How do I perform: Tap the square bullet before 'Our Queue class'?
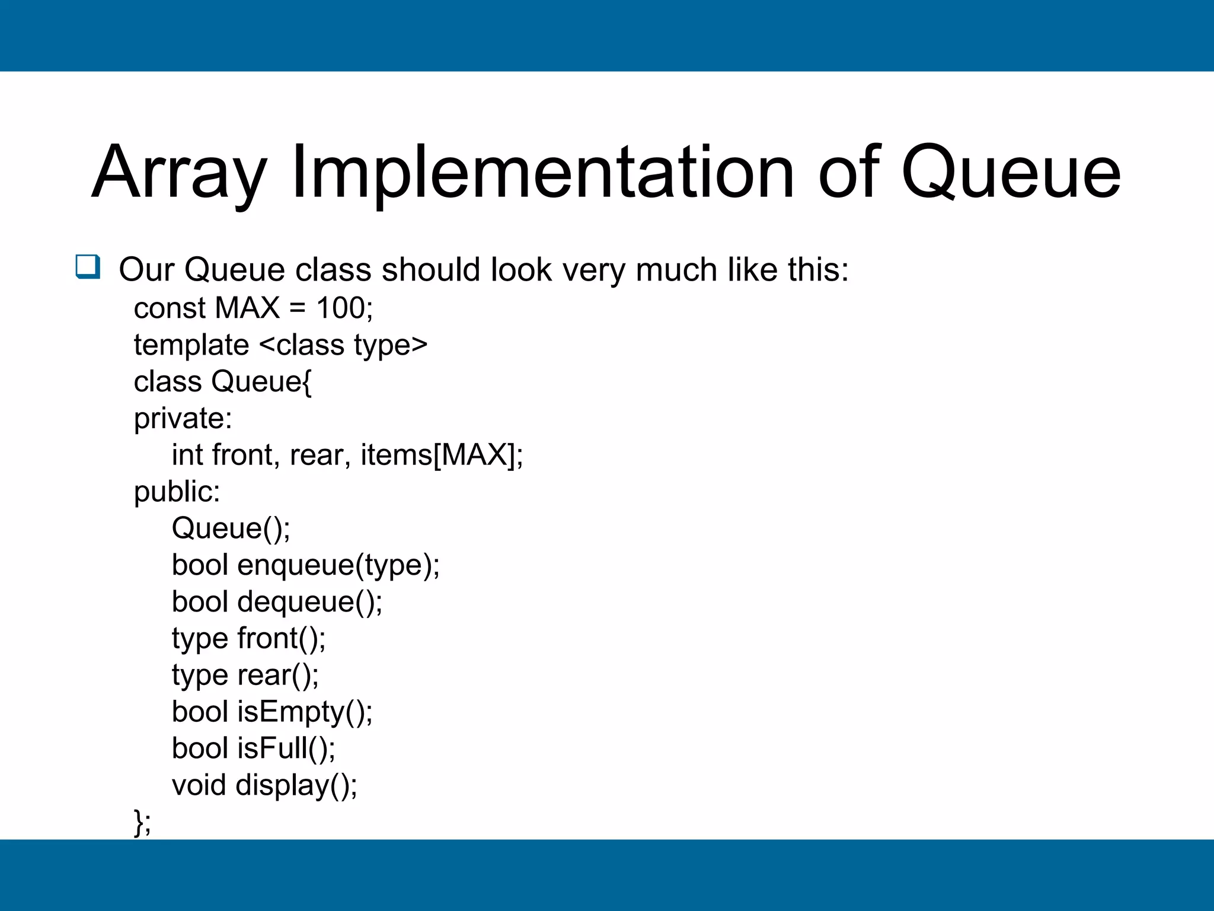coord(88,267)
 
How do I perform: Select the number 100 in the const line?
coord(340,308)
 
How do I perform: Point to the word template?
coord(191,345)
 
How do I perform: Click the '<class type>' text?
coord(343,345)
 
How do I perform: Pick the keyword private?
coord(183,418)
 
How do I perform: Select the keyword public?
coord(177,492)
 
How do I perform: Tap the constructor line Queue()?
coord(231,528)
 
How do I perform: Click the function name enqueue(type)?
coord(338,565)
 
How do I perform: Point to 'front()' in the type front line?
coord(281,638)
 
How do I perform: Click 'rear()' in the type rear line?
coord(277,675)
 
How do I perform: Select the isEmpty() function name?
coord(305,712)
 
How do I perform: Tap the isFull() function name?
coord(286,748)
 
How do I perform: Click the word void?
coord(199,785)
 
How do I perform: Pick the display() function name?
coord(296,785)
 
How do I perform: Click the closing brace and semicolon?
coord(142,822)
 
